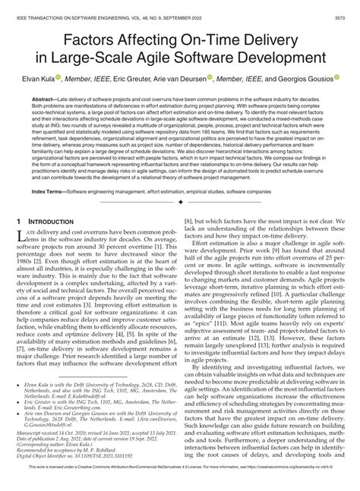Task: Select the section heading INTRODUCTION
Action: pyautogui.click(x=59, y=241)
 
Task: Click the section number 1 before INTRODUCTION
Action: pyautogui.click(x=21, y=241)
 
